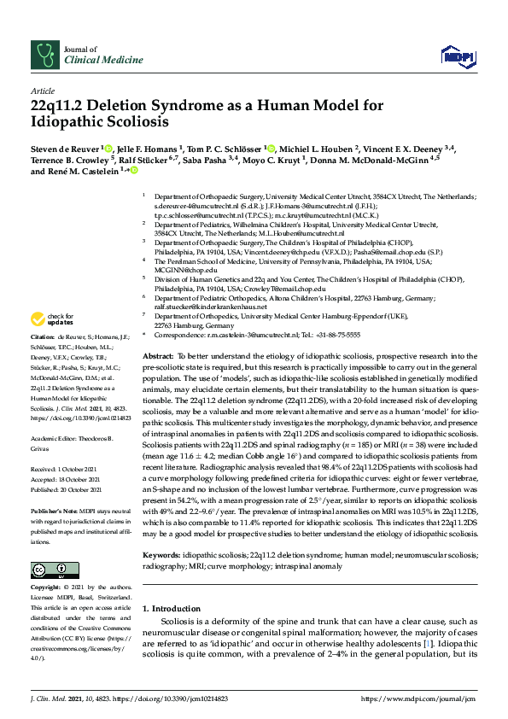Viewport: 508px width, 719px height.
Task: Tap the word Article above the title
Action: pos(42,90)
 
